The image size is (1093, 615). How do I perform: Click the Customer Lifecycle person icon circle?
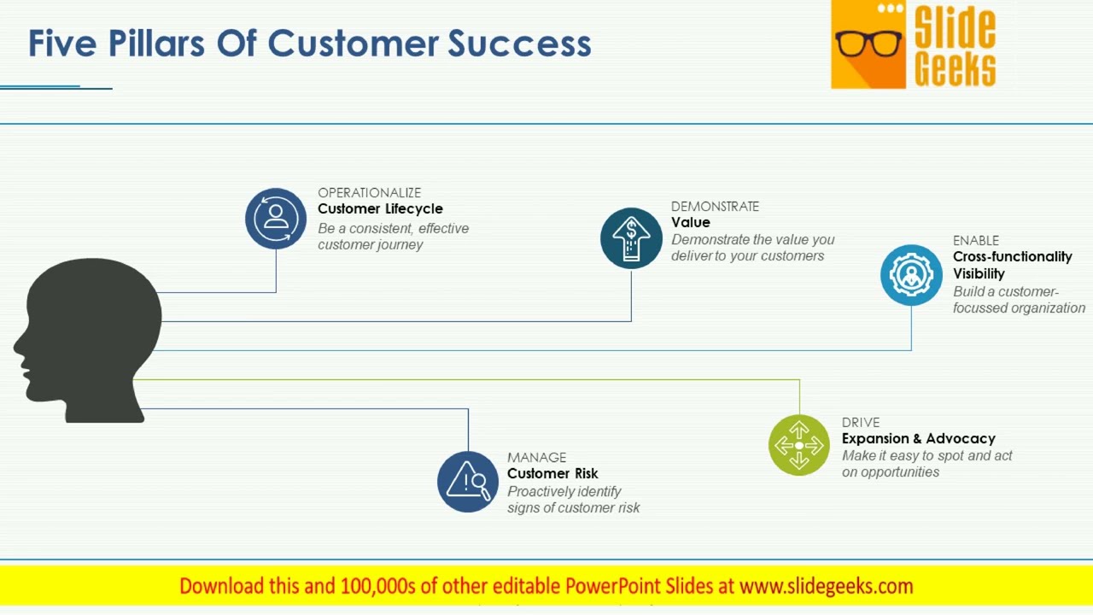coord(276,219)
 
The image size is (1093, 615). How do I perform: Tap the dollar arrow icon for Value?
coord(631,238)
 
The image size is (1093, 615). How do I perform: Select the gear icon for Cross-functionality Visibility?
coord(911,275)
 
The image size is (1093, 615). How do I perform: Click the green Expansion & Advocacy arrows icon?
coord(799,445)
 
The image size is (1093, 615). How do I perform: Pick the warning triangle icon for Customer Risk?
coord(468,482)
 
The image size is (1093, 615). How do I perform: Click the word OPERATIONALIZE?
coord(369,193)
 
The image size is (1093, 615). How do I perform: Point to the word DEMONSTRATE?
coord(715,207)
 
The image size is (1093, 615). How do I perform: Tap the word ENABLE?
coord(975,241)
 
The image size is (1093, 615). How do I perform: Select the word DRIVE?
coord(860,423)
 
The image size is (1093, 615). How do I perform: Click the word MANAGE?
coord(536,458)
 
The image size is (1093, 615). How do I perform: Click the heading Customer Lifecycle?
coord(380,209)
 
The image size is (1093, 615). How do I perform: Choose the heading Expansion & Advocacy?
coord(918,439)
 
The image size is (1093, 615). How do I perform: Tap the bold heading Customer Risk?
coord(552,474)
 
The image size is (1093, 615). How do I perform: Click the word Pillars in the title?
coord(156,44)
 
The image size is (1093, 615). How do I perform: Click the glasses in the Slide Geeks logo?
coord(868,43)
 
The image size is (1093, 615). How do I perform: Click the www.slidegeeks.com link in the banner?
coord(826,586)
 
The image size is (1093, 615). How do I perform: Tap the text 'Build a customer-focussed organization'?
coord(1019,300)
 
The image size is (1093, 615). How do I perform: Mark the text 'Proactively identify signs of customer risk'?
coord(573,500)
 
